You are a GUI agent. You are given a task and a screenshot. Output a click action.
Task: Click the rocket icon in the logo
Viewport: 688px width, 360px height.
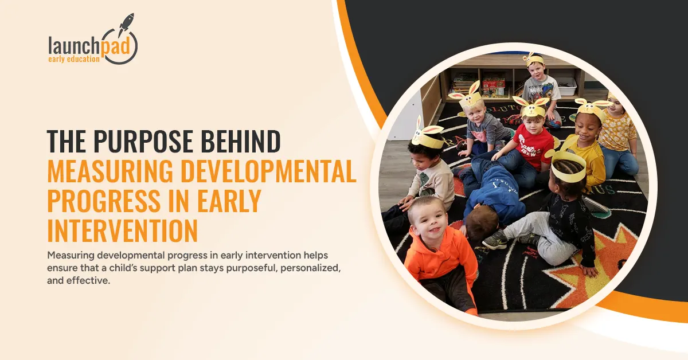(x=125, y=26)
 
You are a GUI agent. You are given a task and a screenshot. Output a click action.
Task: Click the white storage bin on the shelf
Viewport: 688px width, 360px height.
(x=566, y=86)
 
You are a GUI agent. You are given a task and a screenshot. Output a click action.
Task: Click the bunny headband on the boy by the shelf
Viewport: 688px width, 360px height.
(x=533, y=60)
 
